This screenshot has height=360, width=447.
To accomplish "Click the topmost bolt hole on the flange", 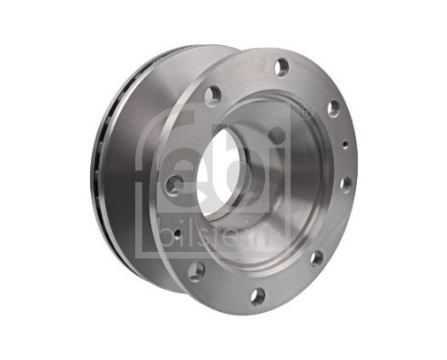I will pyautogui.click(x=281, y=66).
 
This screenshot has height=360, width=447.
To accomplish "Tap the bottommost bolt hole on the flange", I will pyautogui.click(x=257, y=296).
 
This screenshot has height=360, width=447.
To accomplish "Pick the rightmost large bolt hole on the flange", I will pyautogui.click(x=346, y=181).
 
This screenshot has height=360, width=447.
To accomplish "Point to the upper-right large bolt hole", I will pyautogui.click(x=333, y=108).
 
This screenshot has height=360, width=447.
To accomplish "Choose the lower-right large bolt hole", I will pyautogui.click(x=316, y=257).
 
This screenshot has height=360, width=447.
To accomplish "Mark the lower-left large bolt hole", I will pyautogui.click(x=195, y=271).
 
